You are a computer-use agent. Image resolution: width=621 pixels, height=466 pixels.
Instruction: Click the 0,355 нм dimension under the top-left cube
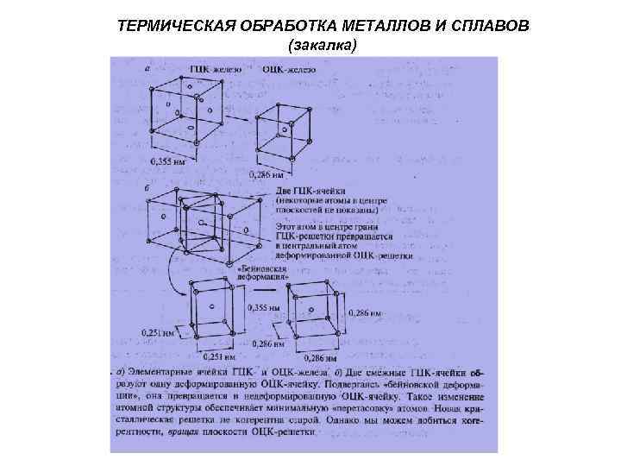click(168, 161)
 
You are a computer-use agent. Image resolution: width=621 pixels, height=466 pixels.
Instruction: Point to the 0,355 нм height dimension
click(264, 308)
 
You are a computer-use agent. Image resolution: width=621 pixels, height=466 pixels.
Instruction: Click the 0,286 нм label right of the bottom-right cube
click(362, 312)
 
